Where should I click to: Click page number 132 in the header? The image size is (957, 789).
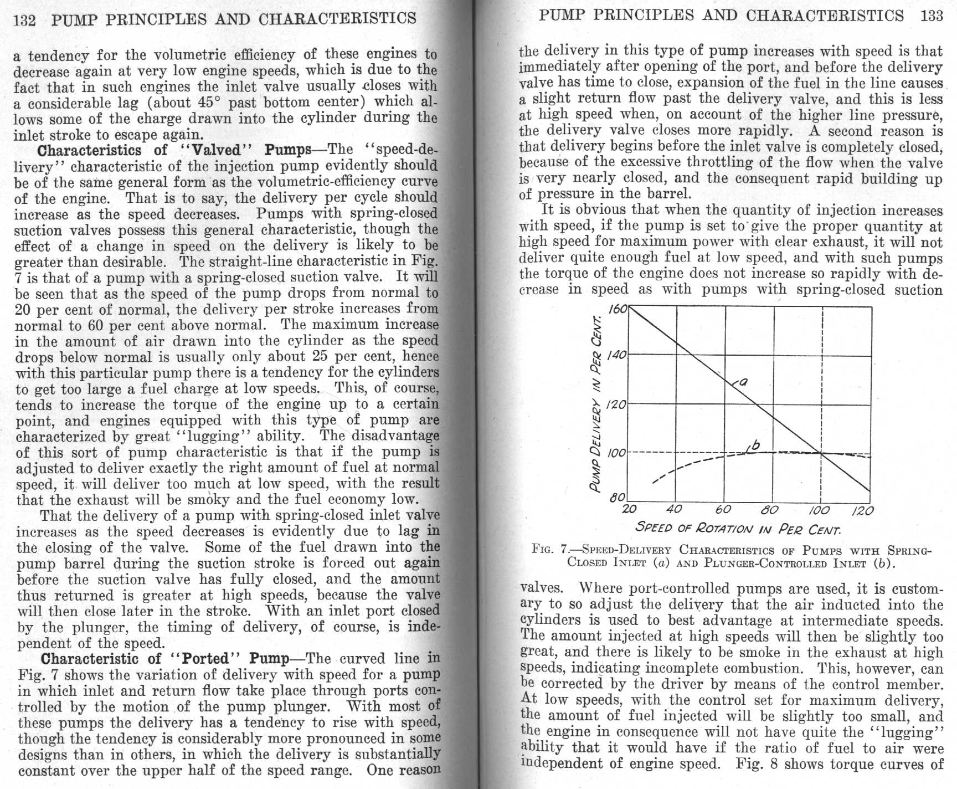(x=25, y=21)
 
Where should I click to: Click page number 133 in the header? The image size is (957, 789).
(x=932, y=16)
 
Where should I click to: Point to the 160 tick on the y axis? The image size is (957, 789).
(x=617, y=309)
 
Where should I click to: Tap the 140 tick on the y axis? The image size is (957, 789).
(x=616, y=355)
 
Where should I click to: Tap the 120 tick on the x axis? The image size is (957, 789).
(x=862, y=510)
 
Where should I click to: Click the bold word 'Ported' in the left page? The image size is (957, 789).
(x=205, y=659)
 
